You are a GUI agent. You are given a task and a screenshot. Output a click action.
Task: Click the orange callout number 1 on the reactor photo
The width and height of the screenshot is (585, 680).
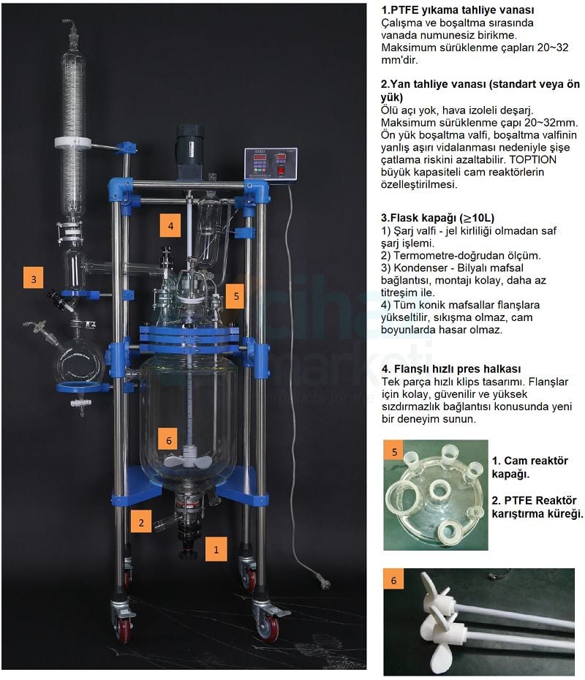point(216,549)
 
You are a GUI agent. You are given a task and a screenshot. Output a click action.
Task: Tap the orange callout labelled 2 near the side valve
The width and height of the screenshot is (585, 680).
point(141,521)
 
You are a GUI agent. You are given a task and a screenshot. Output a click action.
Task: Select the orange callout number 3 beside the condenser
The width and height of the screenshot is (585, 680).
point(34,278)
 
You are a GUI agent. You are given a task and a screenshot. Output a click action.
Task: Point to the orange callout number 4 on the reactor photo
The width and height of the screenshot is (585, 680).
point(170,225)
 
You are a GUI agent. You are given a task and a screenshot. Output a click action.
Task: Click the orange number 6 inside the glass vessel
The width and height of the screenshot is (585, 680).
point(169,439)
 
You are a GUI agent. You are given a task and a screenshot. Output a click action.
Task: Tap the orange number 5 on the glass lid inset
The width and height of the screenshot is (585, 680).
point(394,451)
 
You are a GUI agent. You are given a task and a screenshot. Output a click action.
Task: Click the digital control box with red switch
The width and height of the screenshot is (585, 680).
point(271,164)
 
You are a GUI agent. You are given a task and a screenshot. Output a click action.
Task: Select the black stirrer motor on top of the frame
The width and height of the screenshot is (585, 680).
point(189,152)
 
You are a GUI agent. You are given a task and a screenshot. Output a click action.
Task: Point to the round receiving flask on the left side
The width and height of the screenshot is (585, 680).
point(78,363)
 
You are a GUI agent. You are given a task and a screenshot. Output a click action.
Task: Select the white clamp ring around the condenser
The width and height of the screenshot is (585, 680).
point(72,143)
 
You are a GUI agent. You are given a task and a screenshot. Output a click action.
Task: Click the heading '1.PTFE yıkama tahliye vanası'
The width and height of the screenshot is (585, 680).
point(458,10)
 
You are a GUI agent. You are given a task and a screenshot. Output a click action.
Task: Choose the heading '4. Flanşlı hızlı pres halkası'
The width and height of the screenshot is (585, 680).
point(450,369)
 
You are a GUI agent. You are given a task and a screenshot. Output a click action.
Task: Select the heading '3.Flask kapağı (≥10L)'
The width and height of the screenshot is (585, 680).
point(437,218)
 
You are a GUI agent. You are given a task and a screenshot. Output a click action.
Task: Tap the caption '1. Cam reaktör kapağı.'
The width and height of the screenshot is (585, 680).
point(529,467)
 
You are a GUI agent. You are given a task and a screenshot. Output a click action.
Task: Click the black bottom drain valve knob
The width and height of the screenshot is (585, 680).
point(188,554)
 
